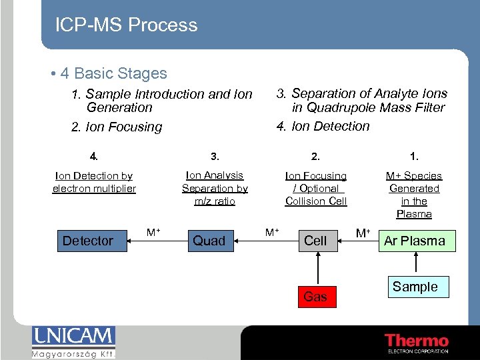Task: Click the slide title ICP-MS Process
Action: (x=127, y=25)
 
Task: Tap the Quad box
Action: (x=209, y=241)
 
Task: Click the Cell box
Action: (x=315, y=241)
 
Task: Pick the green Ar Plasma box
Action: (x=414, y=241)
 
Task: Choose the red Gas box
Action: (x=315, y=297)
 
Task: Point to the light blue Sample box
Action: (x=415, y=287)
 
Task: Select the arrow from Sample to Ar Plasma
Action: (x=415, y=263)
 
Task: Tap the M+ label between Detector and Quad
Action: (x=153, y=232)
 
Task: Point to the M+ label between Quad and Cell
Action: (x=272, y=232)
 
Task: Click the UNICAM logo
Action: (x=73, y=341)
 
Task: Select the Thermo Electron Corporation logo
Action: (x=417, y=343)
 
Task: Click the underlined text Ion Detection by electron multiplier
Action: (x=94, y=182)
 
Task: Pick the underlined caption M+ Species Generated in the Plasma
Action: (x=414, y=195)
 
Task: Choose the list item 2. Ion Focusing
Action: (x=117, y=127)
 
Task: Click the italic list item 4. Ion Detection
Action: (x=323, y=126)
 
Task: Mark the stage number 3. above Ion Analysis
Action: (x=215, y=157)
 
